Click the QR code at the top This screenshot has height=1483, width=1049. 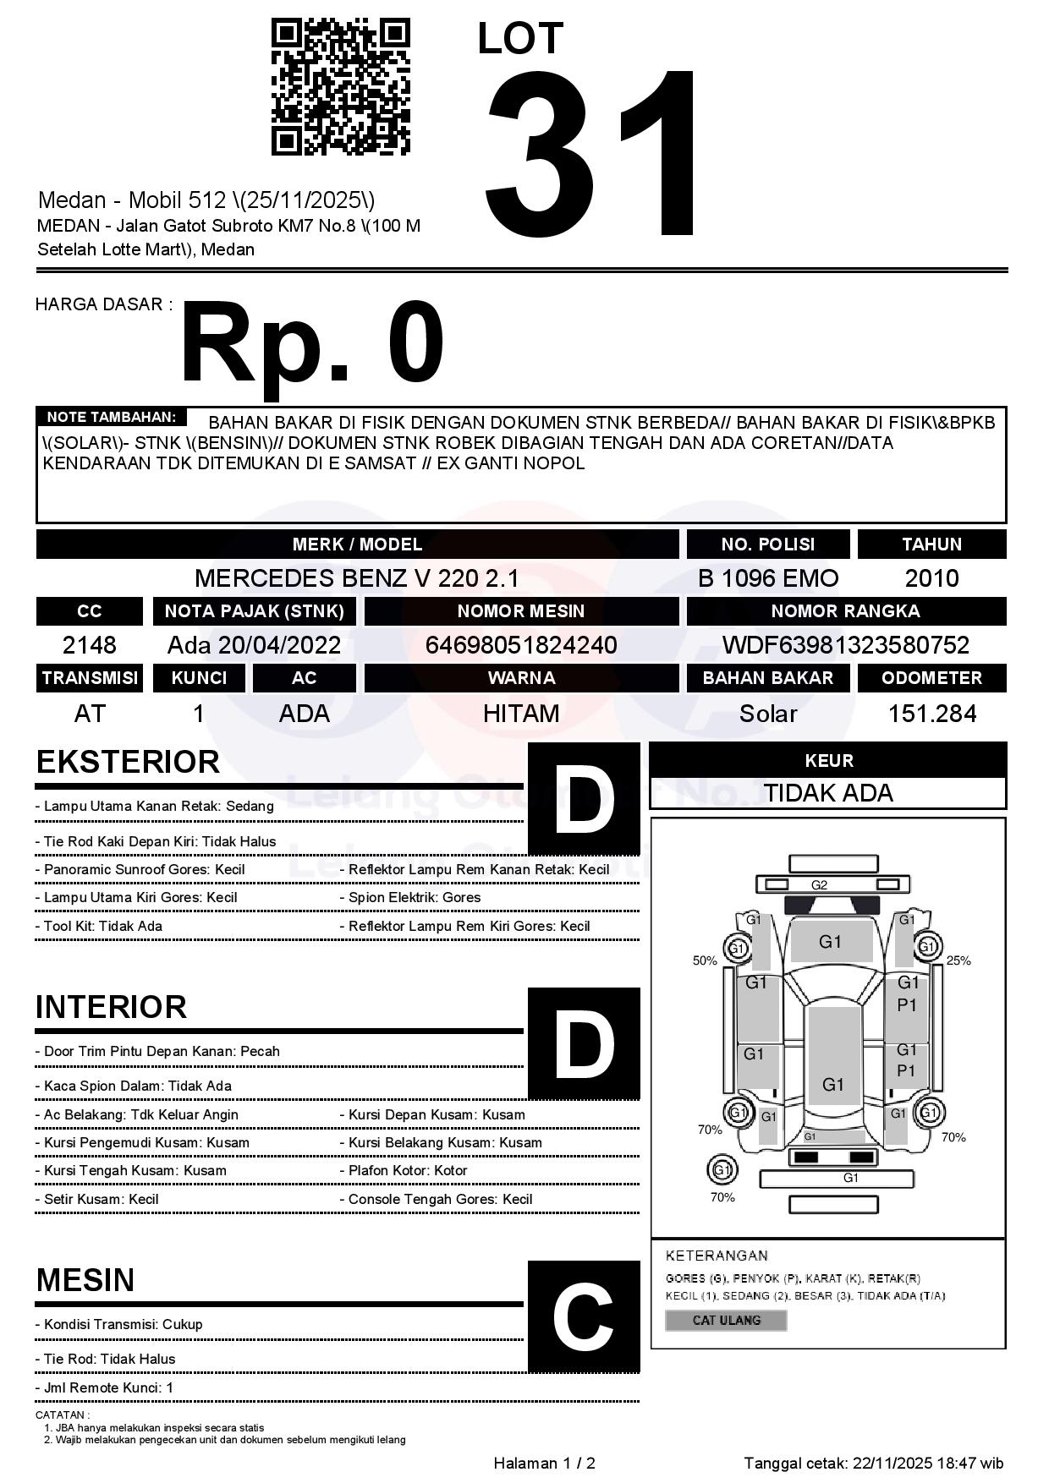tap(340, 87)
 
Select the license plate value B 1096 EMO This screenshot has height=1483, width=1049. tap(768, 578)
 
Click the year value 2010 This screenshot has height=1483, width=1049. tap(931, 578)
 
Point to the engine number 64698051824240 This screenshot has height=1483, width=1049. tap(521, 645)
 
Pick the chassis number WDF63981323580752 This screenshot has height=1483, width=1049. tap(845, 645)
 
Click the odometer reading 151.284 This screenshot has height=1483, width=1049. tap(931, 714)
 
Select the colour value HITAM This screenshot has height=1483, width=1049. tap(521, 714)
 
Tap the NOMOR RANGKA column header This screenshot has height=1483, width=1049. tap(845, 610)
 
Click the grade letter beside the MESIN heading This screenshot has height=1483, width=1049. tap(583, 1316)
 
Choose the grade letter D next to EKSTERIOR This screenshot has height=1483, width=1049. tap(583, 798)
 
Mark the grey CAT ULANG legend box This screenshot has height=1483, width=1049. tap(726, 1320)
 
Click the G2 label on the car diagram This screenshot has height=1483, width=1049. tap(819, 885)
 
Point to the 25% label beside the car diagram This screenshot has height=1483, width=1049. tap(958, 960)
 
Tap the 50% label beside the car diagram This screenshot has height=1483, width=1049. tap(705, 960)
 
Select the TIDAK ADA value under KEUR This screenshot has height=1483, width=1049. tap(828, 793)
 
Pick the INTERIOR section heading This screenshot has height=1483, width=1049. tap(111, 1007)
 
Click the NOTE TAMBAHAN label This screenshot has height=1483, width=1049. tap(111, 417)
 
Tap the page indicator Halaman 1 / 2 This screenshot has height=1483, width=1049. tap(544, 1463)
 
